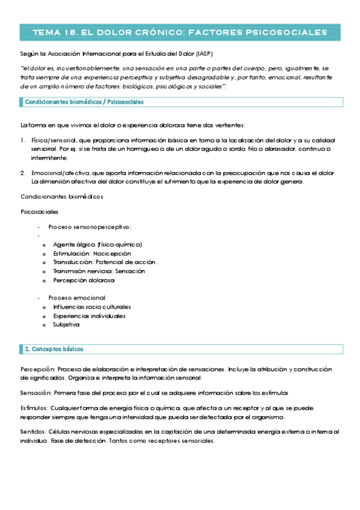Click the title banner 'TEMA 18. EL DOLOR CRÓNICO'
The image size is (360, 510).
coord(180,32)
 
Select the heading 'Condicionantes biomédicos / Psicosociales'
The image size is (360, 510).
coord(84,102)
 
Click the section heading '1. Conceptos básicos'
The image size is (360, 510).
coord(54,349)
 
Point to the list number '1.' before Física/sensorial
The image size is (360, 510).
coord(23,140)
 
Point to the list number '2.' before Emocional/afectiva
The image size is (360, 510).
coord(23,173)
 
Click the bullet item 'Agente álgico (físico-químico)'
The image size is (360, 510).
coord(97,244)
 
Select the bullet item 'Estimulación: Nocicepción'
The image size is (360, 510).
coord(91,253)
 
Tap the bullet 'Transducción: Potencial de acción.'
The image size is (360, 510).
coord(105,262)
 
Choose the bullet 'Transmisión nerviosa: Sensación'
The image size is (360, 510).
coord(99,271)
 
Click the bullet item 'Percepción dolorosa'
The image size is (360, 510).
coord(84,280)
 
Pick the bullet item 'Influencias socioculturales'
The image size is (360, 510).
coord(91,307)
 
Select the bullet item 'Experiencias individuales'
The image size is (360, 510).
coord(89,316)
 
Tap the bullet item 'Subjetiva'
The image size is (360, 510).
coord(66,325)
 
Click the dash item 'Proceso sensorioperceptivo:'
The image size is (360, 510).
coord(90,227)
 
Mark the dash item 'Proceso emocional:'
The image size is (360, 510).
coord(77,298)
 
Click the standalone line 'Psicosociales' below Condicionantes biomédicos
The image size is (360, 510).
coord(40,212)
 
